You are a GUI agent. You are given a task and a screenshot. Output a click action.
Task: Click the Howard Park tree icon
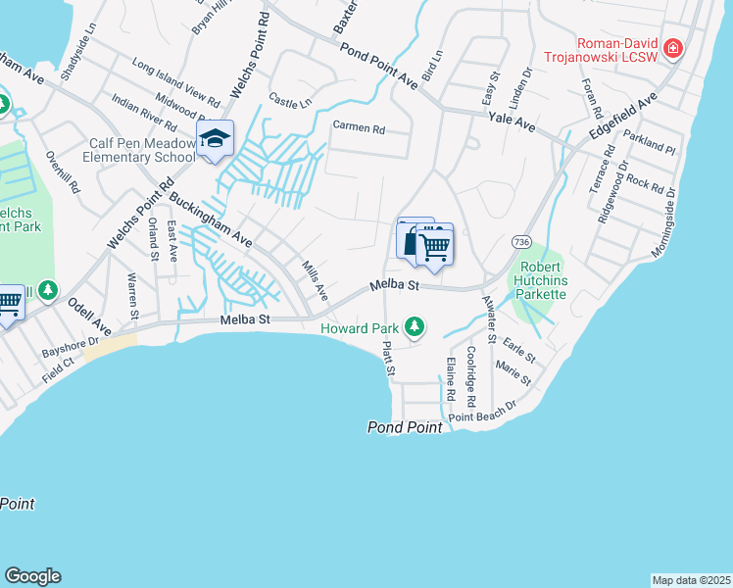coord(415,325)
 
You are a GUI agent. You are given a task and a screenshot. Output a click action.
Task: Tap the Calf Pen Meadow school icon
coord(214,139)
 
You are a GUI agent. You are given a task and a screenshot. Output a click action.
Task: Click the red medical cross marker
coord(672,48)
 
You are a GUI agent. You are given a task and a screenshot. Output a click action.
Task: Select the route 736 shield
coord(520,241)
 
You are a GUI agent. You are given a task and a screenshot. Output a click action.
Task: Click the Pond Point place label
coord(406,427)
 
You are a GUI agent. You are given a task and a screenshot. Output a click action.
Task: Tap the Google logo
coord(32,576)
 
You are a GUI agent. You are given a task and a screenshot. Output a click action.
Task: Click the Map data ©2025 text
coord(691,580)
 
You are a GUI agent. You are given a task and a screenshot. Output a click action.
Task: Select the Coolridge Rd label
coord(471,375)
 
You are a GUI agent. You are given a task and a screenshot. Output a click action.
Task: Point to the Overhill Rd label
coord(61,171)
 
